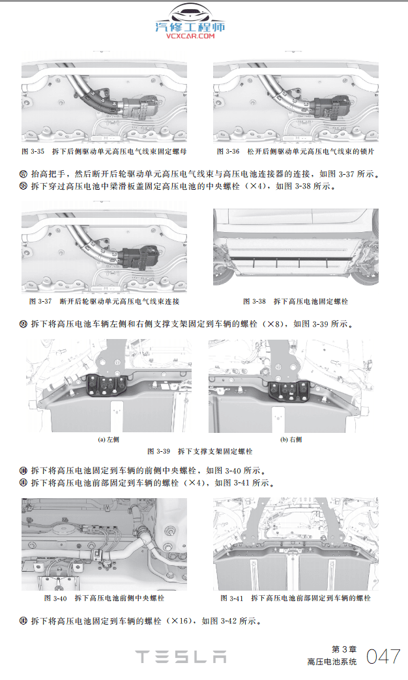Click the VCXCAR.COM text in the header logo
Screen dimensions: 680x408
coord(190,37)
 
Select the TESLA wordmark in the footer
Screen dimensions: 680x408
coord(181,657)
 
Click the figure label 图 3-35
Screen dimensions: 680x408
coord(33,151)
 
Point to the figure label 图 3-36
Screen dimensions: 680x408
coord(228,151)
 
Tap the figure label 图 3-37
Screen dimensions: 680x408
coord(40,302)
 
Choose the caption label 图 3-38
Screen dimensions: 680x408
coord(254,302)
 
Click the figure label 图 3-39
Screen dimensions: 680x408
coord(159,451)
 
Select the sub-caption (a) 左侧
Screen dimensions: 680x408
coord(108,439)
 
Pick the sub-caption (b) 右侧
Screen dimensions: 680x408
coord(291,439)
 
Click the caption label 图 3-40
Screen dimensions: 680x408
coord(55,598)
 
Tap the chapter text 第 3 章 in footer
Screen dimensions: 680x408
coord(344,649)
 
